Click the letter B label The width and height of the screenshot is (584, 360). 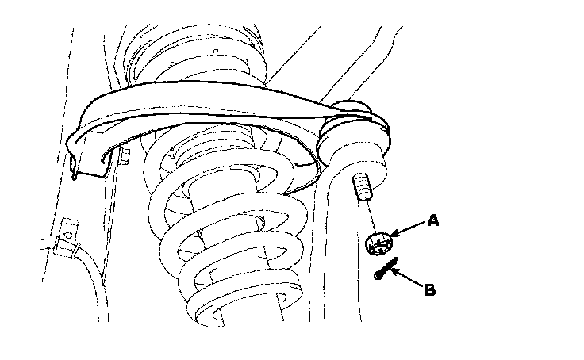coord(429,290)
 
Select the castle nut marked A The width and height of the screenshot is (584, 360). coord(379,243)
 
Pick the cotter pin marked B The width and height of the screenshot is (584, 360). coord(384,270)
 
